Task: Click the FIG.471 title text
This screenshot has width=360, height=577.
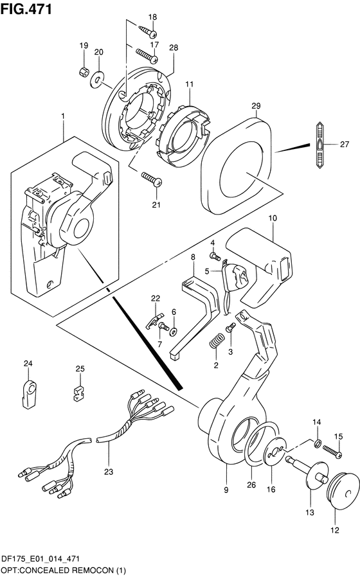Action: pos(26,9)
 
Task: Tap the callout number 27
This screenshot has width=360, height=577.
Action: pos(344,144)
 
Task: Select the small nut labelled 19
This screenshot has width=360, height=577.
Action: pos(84,71)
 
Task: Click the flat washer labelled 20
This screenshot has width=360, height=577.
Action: pos(97,77)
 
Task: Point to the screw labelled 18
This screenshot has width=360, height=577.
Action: pos(148,31)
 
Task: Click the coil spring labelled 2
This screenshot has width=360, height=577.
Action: pos(216,341)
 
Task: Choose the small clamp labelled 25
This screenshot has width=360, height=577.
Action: pos(78,394)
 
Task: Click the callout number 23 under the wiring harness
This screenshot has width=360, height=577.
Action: pos(109,472)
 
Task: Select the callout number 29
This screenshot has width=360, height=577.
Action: pos(256,105)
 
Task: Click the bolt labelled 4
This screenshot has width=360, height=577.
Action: pos(213,255)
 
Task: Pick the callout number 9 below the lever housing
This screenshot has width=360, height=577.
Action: pos(226,490)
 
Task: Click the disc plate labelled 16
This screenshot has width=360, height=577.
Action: pos(274,454)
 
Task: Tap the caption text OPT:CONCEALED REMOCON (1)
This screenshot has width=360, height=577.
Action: pos(63,571)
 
